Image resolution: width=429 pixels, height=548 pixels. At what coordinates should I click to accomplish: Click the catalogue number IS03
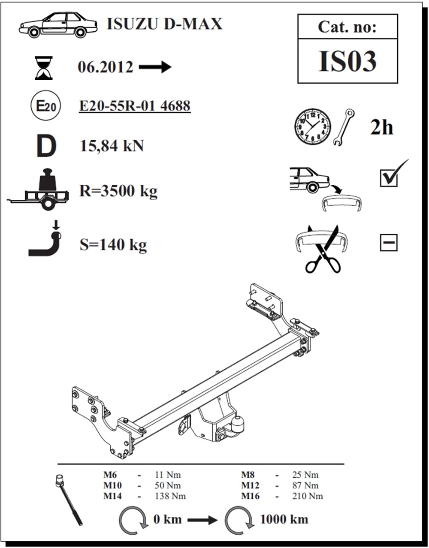click(347, 61)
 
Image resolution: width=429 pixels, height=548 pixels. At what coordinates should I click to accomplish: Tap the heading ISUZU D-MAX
click(165, 24)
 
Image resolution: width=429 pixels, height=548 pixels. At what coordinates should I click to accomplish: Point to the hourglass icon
click(44, 68)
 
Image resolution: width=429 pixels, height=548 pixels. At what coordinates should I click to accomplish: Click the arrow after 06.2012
click(155, 67)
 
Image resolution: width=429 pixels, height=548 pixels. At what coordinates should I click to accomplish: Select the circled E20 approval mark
click(45, 105)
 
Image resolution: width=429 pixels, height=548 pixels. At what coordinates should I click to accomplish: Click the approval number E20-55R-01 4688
click(135, 105)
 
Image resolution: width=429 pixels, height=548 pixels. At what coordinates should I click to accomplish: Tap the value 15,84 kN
click(112, 146)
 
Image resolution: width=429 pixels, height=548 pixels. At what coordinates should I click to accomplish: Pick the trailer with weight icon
click(38, 190)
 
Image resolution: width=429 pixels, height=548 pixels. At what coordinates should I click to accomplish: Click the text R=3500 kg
click(118, 191)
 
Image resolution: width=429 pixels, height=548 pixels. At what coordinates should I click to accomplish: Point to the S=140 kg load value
click(113, 245)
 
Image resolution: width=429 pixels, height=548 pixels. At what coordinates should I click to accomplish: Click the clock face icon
click(313, 126)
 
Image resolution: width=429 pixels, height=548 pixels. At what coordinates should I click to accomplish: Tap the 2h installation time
click(381, 127)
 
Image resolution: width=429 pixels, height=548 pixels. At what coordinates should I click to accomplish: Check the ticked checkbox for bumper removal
click(389, 178)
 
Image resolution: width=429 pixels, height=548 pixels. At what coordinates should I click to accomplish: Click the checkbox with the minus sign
click(389, 243)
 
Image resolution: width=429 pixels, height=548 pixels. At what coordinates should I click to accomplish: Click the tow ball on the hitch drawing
click(239, 426)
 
